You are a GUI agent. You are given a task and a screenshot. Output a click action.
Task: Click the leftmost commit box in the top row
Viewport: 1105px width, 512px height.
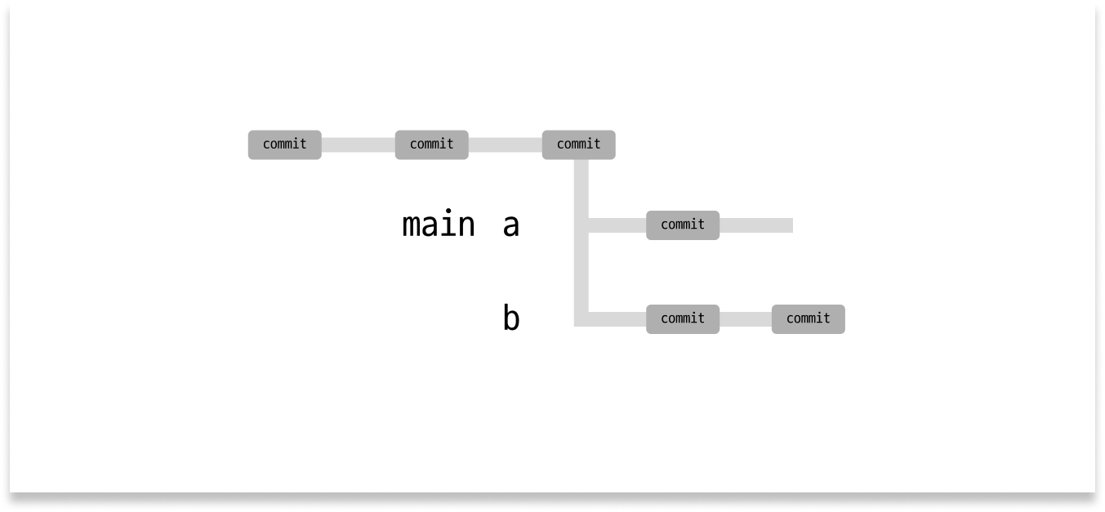pyautogui.click(x=284, y=145)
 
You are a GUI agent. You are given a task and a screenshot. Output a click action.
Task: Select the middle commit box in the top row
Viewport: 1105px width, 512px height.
pyautogui.click(x=431, y=145)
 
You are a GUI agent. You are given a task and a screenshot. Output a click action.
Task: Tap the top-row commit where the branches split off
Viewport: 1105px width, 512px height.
pyautogui.click(x=578, y=145)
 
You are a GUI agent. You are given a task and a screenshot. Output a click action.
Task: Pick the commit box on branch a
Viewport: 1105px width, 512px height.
pyautogui.click(x=683, y=225)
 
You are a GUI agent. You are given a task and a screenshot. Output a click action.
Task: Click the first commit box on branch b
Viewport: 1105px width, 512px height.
pyautogui.click(x=683, y=318)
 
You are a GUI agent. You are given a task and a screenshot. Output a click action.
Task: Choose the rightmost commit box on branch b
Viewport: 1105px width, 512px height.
pyautogui.click(x=808, y=318)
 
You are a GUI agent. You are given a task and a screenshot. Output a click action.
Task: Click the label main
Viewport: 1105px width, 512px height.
pyautogui.click(x=439, y=225)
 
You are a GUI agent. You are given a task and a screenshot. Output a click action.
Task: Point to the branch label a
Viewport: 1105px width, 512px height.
pyautogui.click(x=511, y=225)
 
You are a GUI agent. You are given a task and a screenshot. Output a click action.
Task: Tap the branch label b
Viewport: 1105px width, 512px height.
pyautogui.click(x=511, y=318)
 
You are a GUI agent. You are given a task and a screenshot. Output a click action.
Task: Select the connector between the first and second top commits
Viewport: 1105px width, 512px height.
pyautogui.click(x=358, y=145)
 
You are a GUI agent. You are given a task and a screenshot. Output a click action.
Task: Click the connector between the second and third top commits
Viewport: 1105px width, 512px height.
pyautogui.click(x=505, y=145)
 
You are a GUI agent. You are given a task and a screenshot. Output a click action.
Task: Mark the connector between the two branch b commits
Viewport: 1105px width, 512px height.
pyautogui.click(x=746, y=318)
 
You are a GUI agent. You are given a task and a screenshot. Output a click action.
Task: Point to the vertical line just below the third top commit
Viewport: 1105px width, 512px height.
pyautogui.click(x=581, y=184)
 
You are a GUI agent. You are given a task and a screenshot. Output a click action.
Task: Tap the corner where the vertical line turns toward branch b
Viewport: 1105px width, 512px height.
pyautogui.click(x=581, y=318)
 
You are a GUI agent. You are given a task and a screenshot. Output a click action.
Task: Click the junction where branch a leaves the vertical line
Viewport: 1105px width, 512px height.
pyautogui.click(x=581, y=225)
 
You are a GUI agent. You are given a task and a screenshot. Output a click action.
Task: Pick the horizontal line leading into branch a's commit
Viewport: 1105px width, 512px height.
pyautogui.click(x=617, y=225)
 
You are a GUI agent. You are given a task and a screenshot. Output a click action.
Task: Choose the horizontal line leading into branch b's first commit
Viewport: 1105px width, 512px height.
pyautogui.click(x=617, y=318)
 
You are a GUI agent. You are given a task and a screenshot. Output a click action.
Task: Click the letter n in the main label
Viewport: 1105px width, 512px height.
pyautogui.click(x=466, y=225)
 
